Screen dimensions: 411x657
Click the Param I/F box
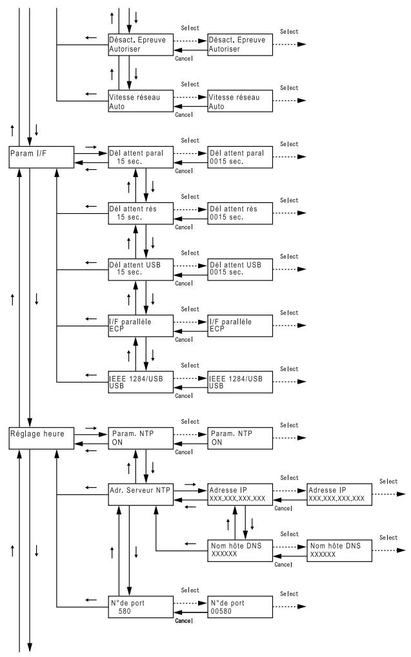click(41, 157)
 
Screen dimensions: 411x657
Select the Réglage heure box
click(41, 438)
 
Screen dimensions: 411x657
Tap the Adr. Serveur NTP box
click(141, 494)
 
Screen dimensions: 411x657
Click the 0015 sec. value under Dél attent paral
click(226, 162)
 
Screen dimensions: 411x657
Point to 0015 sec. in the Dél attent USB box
click(226, 272)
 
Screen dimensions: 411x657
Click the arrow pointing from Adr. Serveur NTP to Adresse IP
click(190, 490)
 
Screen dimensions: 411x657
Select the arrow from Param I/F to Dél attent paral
click(91, 153)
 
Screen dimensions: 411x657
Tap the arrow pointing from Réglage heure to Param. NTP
click(91, 434)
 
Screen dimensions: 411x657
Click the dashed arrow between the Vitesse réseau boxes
click(190, 97)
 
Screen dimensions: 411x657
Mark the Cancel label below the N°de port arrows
click(184, 621)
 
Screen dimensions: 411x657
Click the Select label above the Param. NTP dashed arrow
click(190, 421)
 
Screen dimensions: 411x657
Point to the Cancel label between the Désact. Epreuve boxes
click(184, 59)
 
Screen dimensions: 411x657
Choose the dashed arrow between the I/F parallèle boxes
click(190, 322)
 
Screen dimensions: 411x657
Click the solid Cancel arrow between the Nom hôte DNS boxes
click(290, 556)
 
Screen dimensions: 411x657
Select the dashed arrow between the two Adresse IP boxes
click(290, 491)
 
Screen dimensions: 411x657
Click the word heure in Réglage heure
click(54, 433)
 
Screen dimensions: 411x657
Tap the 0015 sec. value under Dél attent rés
click(226, 217)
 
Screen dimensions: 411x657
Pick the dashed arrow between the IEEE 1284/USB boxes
click(190, 378)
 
